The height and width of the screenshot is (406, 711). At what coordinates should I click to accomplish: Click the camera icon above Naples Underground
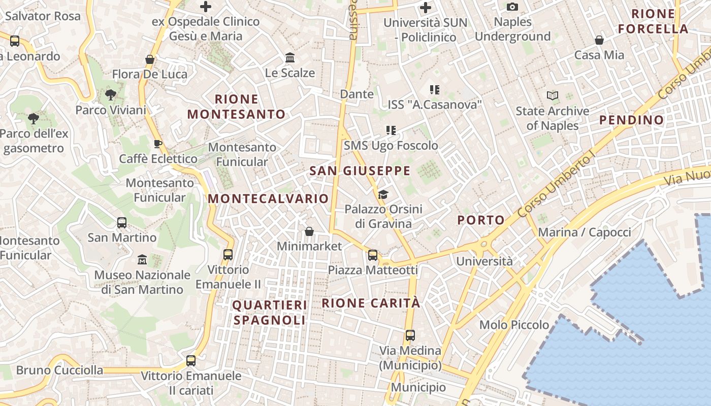pyautogui.click(x=512, y=7)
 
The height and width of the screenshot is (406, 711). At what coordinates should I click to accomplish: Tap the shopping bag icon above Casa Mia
pyautogui.click(x=599, y=40)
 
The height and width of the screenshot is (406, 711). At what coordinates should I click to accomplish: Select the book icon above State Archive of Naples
pyautogui.click(x=553, y=95)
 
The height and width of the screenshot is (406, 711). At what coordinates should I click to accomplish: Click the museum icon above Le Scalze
pyautogui.click(x=290, y=57)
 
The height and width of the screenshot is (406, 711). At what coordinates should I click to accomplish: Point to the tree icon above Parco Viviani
pyautogui.click(x=110, y=94)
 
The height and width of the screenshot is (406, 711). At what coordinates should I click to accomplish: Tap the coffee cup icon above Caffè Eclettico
pyautogui.click(x=158, y=144)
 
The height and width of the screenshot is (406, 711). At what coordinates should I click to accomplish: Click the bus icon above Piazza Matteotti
pyautogui.click(x=373, y=255)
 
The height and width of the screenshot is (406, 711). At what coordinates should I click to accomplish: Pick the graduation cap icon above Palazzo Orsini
pyautogui.click(x=383, y=194)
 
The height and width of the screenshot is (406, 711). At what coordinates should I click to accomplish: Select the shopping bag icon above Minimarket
pyautogui.click(x=309, y=231)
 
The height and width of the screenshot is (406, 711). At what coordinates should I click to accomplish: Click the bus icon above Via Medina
pyautogui.click(x=410, y=335)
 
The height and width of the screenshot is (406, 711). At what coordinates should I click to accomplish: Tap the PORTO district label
pyautogui.click(x=480, y=220)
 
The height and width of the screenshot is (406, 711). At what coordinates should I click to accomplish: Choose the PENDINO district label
pyautogui.click(x=631, y=120)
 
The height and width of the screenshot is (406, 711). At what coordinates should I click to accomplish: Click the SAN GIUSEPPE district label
pyautogui.click(x=360, y=171)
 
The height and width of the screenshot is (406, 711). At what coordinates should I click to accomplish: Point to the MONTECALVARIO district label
pyautogui.click(x=268, y=198)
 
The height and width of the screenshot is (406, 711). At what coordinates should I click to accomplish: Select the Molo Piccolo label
pyautogui.click(x=514, y=325)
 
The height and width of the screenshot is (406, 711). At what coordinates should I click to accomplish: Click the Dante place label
pyautogui.click(x=357, y=94)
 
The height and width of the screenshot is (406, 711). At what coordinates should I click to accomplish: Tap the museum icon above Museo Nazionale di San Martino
pyautogui.click(x=142, y=260)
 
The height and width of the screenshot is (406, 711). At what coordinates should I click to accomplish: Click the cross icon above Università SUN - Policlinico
pyautogui.click(x=426, y=8)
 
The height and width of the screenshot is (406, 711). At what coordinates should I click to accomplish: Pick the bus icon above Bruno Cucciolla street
pyautogui.click(x=191, y=360)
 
